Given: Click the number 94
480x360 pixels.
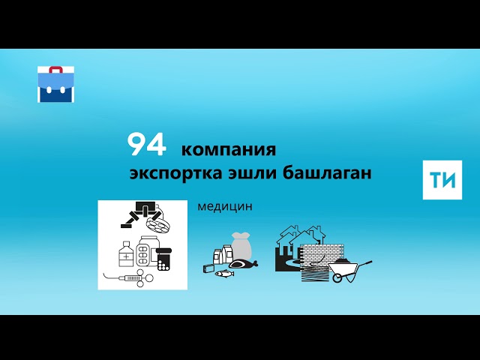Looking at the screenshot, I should click(x=146, y=144).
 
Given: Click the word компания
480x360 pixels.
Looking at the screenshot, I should click(x=229, y=148).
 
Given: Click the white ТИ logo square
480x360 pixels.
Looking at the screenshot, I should click(x=442, y=179).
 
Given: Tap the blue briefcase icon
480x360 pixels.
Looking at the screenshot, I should click(x=56, y=84).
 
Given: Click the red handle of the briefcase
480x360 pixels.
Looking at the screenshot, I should click(x=56, y=69).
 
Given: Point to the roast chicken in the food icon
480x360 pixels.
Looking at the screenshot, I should click(x=242, y=263).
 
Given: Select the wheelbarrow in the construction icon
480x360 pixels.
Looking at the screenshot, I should click(x=349, y=268).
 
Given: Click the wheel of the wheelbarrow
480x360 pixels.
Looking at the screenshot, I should click(x=338, y=277).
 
